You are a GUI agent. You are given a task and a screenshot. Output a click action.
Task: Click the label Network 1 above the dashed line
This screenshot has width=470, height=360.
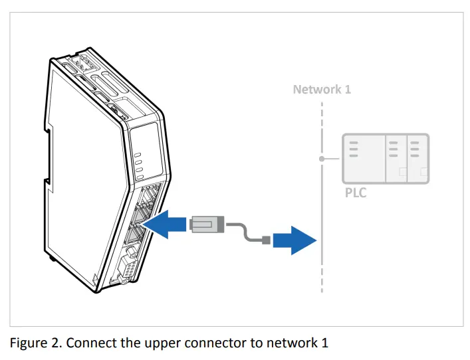click(x=322, y=89)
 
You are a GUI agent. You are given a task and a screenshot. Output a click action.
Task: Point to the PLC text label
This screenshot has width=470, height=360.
click(x=356, y=193)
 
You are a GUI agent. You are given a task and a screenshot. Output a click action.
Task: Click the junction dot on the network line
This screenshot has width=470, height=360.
click(x=322, y=159)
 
